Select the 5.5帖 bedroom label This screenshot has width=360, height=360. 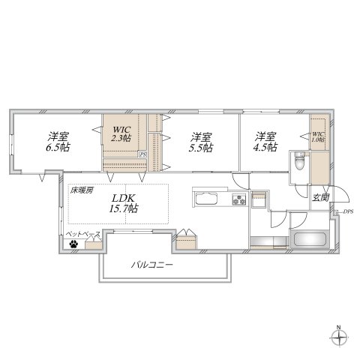pos(199,142)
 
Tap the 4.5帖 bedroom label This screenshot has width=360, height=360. pos(264,142)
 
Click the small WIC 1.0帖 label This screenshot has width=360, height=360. pos(318,137)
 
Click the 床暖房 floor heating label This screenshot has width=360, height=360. pos(82,190)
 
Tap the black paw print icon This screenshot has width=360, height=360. pos(73,242)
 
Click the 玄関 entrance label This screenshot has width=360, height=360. pos(321,196)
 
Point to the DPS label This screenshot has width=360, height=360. pos(348,213)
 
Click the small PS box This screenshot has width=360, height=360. pos(142,154)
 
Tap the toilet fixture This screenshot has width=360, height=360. pos(299,162)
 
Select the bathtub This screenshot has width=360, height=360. pos(307,241)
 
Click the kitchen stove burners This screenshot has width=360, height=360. pos(239,200)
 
